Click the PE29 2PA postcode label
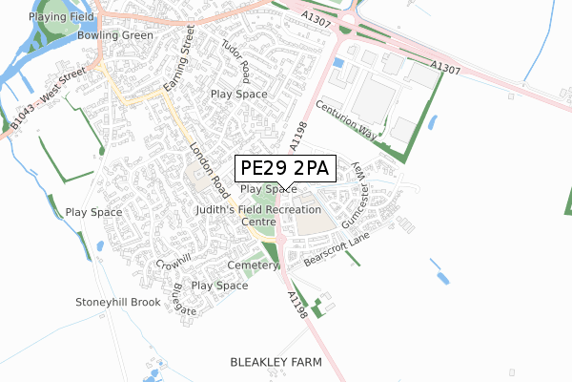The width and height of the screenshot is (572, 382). (x=283, y=169)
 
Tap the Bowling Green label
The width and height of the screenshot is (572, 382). (x=114, y=35)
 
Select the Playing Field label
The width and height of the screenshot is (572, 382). (x=62, y=17)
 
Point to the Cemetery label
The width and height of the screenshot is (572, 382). (x=253, y=265)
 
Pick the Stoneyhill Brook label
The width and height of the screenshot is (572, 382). (x=118, y=302)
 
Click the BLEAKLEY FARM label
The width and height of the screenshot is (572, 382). (x=276, y=363)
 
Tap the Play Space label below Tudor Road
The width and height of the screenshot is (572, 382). (x=238, y=95)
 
